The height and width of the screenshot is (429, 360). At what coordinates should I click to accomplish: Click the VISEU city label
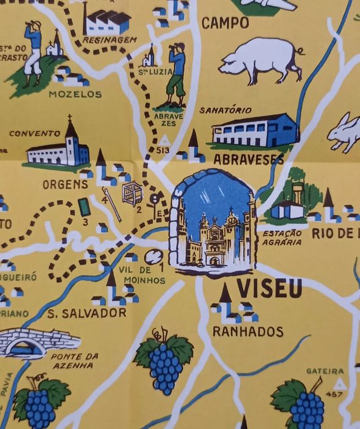[270, 287]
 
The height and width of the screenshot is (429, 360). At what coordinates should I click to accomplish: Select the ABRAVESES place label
[248, 160]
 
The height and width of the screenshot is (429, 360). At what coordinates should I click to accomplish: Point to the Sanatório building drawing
[254, 130]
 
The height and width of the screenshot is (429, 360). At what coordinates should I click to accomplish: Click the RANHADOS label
[248, 331]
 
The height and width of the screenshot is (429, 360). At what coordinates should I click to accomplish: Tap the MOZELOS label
[75, 95]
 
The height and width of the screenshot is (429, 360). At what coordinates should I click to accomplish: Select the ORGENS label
[62, 184]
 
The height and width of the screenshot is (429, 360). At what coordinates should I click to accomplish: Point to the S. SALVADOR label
[87, 313]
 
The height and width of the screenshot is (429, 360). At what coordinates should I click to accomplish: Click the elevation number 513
[163, 149]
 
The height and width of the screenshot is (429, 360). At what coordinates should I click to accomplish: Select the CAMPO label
[225, 24]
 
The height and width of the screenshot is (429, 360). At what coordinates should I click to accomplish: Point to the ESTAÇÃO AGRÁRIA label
[281, 237]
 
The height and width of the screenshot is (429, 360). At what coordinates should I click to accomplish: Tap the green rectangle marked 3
[83, 206]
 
